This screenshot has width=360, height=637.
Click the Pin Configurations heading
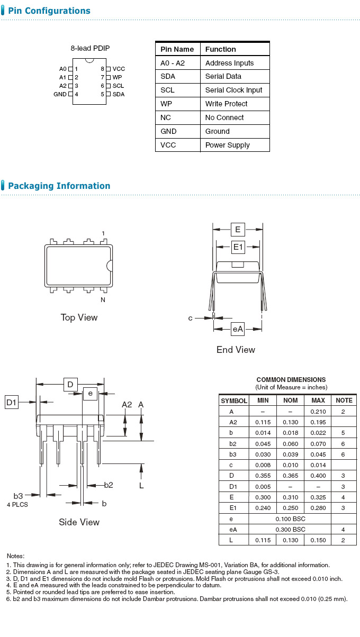[49, 11]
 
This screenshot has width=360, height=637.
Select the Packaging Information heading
[59, 186]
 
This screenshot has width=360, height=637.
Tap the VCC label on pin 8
[119, 69]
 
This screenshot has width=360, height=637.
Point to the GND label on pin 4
[60, 94]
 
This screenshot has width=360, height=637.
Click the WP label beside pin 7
[117, 77]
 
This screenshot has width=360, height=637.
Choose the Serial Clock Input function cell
[233, 90]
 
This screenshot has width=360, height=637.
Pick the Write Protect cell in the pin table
[226, 104]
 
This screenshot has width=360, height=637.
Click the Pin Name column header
[177, 49]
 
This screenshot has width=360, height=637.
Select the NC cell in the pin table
[166, 117]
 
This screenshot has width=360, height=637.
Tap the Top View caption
[79, 317]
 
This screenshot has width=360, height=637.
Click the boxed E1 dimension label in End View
[238, 247]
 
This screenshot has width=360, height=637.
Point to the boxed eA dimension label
[238, 329]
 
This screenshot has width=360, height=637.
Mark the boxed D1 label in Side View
[12, 403]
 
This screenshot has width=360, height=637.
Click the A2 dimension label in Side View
[127, 405]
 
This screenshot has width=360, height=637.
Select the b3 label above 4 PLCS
[18, 496]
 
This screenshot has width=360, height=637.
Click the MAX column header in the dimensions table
[318, 401]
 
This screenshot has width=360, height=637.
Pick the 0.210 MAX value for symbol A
[318, 411]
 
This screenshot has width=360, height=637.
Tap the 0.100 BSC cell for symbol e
[290, 518]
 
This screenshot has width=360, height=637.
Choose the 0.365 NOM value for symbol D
[290, 476]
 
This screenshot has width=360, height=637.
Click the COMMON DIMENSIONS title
[291, 379]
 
